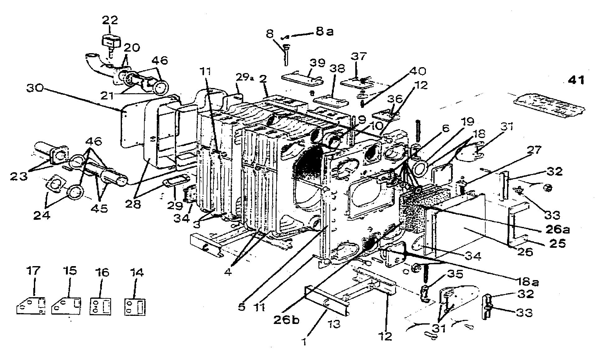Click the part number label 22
tap(110, 20)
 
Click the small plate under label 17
tap(30, 306)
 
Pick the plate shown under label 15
tap(66, 306)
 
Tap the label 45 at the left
tap(99, 208)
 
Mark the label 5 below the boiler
tap(242, 307)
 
